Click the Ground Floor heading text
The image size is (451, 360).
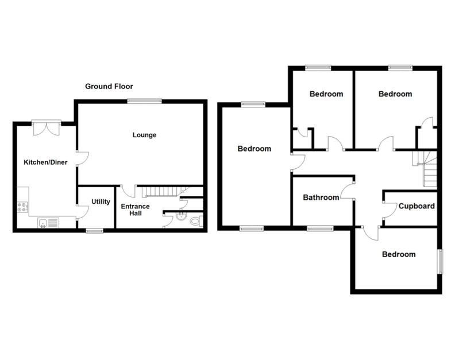click(109, 87)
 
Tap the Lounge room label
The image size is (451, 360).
click(144, 136)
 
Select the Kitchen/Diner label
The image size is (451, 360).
click(45, 162)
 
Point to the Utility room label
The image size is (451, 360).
click(101, 202)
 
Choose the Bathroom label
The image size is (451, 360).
click(321, 198)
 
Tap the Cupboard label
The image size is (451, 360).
click(417, 206)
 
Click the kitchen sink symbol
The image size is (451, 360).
click(49, 223)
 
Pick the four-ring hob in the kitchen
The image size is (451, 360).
click(22, 207)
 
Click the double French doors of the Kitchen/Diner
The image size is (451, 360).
click(47, 127)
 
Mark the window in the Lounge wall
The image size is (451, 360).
click(144, 101)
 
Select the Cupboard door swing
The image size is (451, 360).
click(388, 210)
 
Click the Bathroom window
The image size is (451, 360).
click(320, 229)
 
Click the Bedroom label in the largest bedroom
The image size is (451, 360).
click(254, 149)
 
